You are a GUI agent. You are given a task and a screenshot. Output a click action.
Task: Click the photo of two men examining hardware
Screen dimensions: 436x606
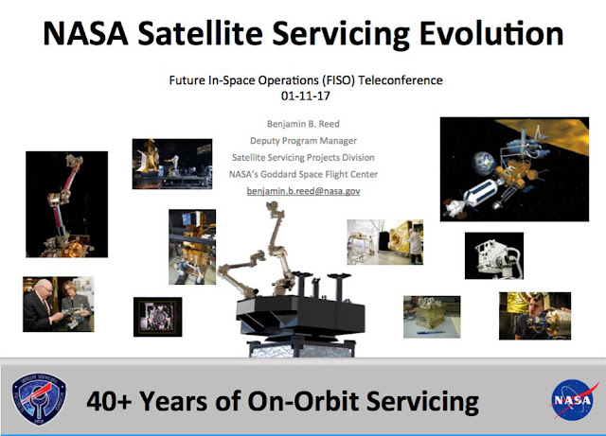(x=59, y=304)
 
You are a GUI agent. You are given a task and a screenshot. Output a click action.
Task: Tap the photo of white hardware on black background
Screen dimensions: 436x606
(x=493, y=255)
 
